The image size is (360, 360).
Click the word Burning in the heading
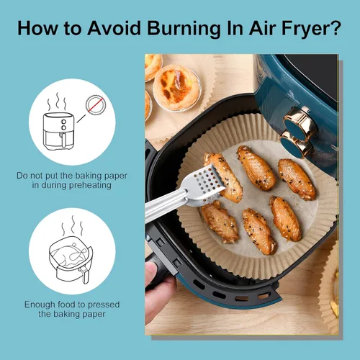[184, 29]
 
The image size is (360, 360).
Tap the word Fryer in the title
[307, 29]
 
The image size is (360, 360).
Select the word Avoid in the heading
[114, 28]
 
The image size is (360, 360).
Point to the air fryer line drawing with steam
[58, 122]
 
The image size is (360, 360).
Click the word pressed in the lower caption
[104, 305]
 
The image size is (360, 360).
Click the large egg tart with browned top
[176, 87]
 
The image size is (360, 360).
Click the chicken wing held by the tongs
[223, 177]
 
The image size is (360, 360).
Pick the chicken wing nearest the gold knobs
[297, 179]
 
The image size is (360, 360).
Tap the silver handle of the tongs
[166, 204]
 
